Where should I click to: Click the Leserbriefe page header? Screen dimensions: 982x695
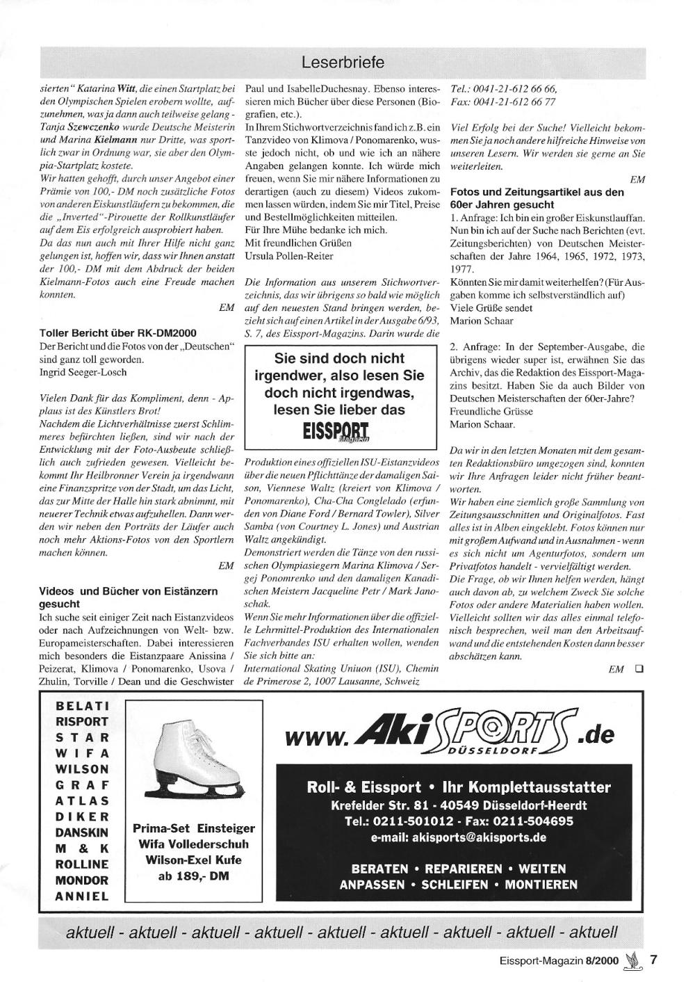click(x=343, y=63)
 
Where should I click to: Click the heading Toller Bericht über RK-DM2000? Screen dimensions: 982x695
click(x=117, y=333)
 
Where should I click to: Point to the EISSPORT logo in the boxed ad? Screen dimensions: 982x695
click(x=340, y=432)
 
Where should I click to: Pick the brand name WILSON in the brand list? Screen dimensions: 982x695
click(x=83, y=770)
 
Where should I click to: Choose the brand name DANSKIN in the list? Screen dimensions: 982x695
click(x=83, y=833)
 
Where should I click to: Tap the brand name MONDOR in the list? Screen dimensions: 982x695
click(x=83, y=880)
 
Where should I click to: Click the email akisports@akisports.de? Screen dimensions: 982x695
click(x=459, y=837)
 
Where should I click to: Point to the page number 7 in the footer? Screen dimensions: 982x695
click(x=653, y=960)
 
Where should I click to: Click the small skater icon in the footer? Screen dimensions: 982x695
click(x=632, y=962)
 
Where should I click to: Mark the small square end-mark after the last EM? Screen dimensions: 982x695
click(x=638, y=670)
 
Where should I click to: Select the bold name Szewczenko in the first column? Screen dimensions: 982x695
click(x=94, y=128)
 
